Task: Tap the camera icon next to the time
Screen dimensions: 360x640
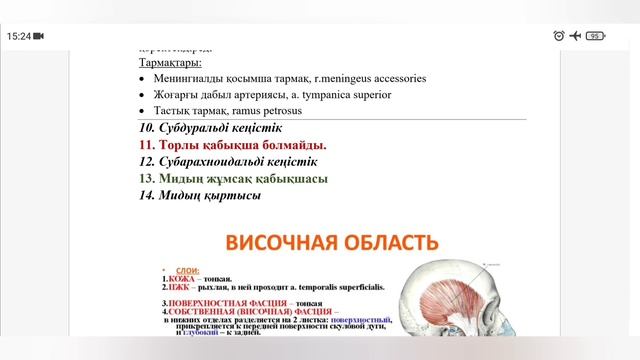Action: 39,35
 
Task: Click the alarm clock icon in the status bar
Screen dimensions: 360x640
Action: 559,35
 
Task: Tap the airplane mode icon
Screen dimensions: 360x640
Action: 576,35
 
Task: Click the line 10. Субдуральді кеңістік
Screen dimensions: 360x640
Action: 211,128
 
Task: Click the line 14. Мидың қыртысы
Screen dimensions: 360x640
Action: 201,196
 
